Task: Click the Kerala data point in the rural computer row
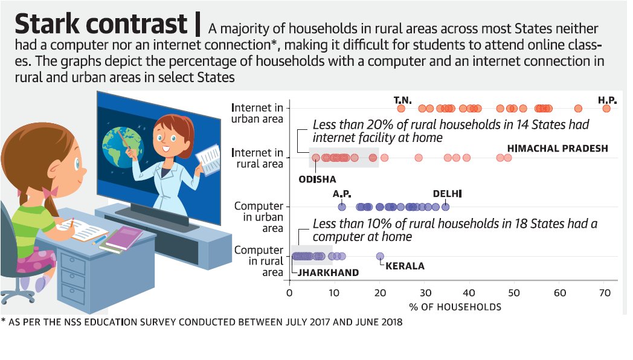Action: click(x=380, y=256)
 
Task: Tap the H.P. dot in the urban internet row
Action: click(x=606, y=108)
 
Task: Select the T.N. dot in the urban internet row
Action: click(x=401, y=108)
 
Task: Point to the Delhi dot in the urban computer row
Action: click(x=446, y=207)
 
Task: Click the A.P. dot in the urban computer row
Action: click(x=342, y=207)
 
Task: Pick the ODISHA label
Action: click(x=317, y=179)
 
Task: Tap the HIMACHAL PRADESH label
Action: click(x=557, y=149)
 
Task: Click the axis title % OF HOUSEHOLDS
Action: click(x=455, y=307)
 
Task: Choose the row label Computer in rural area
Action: click(x=259, y=261)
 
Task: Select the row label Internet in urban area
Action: click(x=257, y=113)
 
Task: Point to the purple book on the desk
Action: click(x=124, y=237)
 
